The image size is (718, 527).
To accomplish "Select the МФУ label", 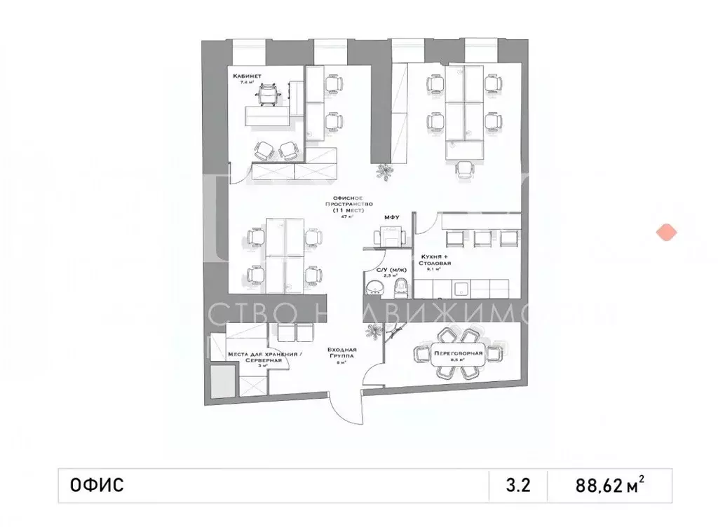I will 391,218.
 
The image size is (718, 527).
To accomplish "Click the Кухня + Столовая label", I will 435,260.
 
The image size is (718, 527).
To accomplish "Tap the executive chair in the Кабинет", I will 267,93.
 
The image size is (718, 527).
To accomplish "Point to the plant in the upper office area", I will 384,170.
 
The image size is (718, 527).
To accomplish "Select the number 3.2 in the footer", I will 516,484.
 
